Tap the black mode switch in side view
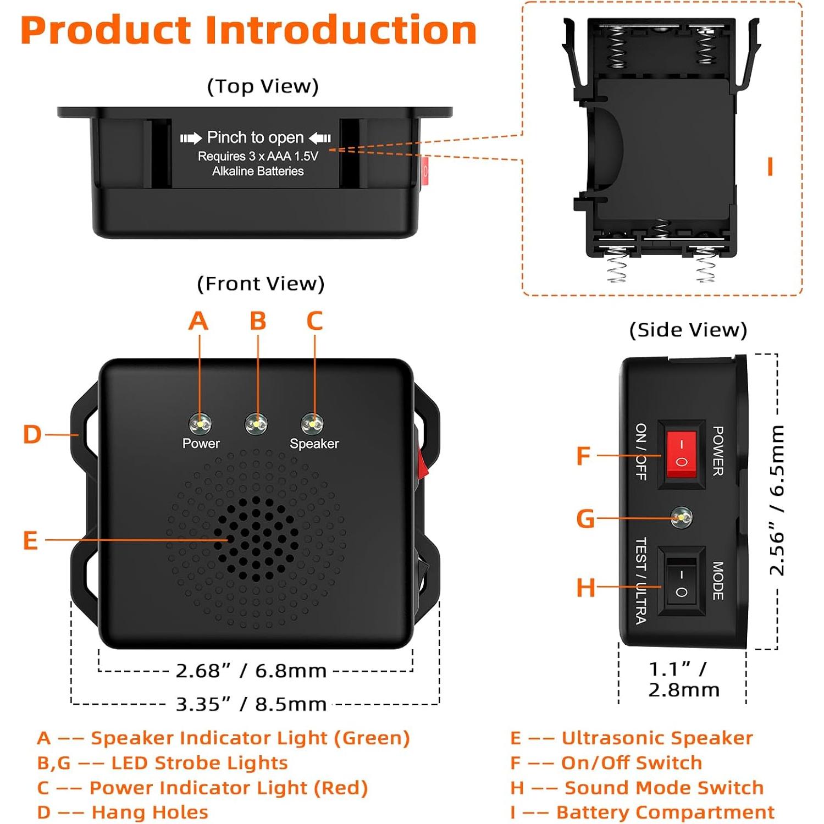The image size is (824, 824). pyautogui.click(x=681, y=582)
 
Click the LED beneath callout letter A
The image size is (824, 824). pyautogui.click(x=200, y=424)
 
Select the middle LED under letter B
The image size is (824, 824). pyautogui.click(x=256, y=424)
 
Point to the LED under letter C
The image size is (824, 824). pyautogui.click(x=312, y=424)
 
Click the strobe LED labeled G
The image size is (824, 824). pyautogui.click(x=682, y=517)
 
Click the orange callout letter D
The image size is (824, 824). pyautogui.click(x=32, y=434)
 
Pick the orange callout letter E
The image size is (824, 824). pyautogui.click(x=30, y=540)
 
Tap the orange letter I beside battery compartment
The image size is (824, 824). pyautogui.click(x=770, y=166)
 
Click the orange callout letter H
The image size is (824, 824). pyautogui.click(x=585, y=587)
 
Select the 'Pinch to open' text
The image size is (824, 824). pyautogui.click(x=255, y=137)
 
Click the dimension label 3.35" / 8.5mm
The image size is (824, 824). pyautogui.click(x=251, y=704)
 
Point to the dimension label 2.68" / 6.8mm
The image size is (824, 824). pyautogui.click(x=251, y=671)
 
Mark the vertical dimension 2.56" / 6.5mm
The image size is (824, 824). pyautogui.click(x=777, y=500)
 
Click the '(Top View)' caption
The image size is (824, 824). pyautogui.click(x=263, y=86)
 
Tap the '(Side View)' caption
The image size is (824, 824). pyautogui.click(x=688, y=330)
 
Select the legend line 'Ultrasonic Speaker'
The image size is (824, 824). pyautogui.click(x=656, y=738)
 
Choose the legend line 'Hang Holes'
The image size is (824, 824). pyautogui.click(x=150, y=812)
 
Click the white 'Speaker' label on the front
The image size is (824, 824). pyautogui.click(x=314, y=444)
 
